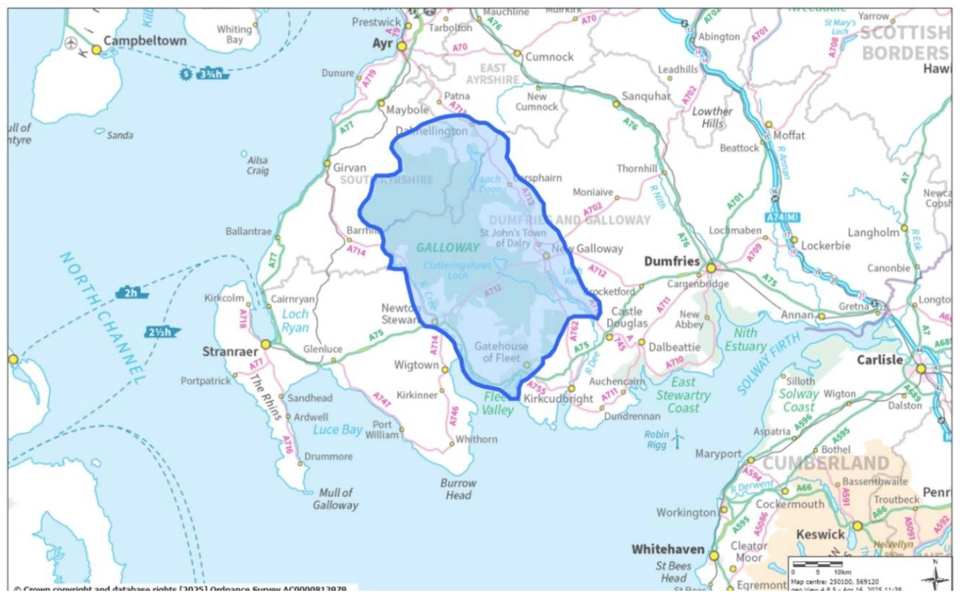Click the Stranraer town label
[230, 351]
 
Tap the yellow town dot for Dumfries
[711, 268]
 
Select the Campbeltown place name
[145, 40]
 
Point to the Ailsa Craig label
[257, 165]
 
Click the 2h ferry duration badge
[131, 292]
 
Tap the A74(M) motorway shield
[783, 218]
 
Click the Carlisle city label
[879, 360]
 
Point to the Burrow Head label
[458, 489]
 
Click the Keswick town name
[820, 535]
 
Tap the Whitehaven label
[668, 549]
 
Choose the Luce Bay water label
[337, 430]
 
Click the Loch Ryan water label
[295, 320]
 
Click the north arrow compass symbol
[935, 576]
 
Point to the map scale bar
[817, 564]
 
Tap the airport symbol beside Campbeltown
[71, 43]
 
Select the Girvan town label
[349, 168]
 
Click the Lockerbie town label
[825, 245]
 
